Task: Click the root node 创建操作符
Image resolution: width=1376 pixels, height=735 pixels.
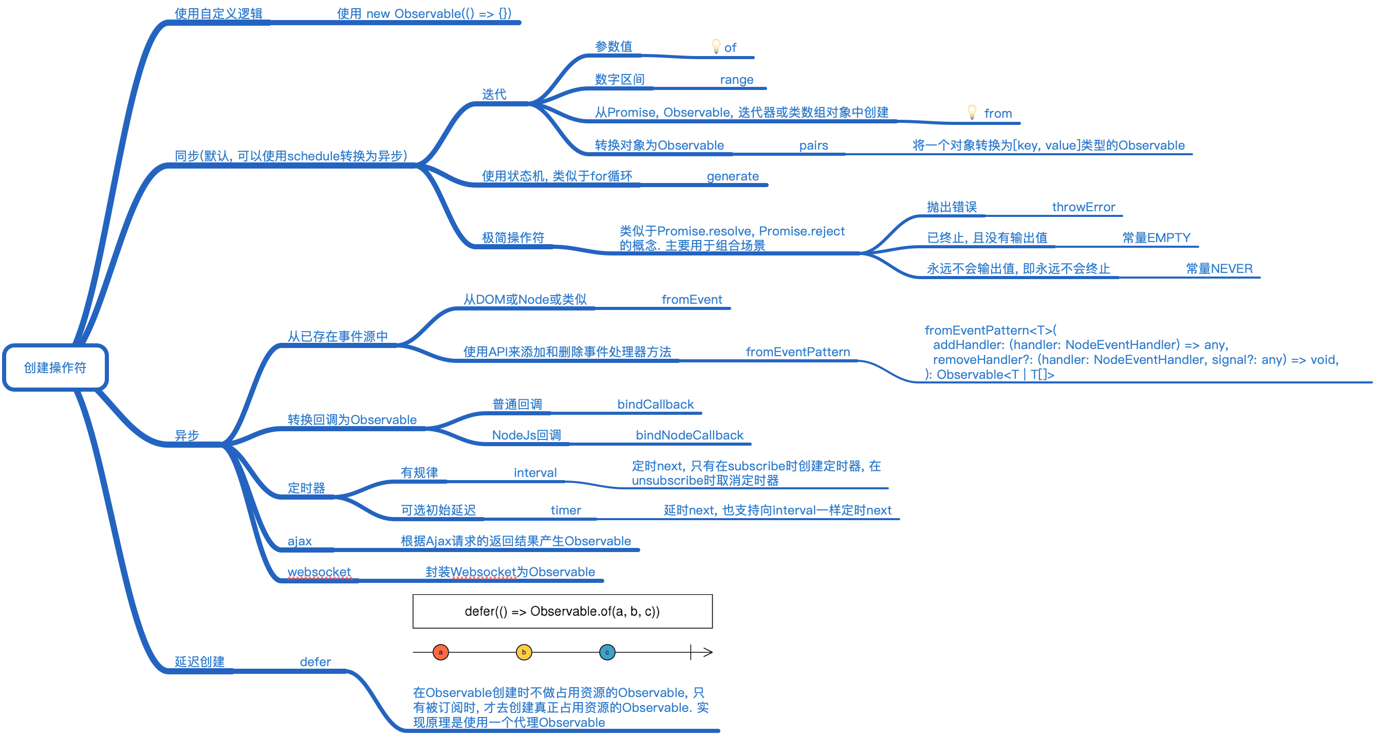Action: pos(55,367)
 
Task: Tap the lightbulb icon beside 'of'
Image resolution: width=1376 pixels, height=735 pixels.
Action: pos(716,46)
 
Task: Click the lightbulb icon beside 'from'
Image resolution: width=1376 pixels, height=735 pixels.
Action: pos(972,112)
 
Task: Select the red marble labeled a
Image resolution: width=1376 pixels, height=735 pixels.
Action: pos(441,652)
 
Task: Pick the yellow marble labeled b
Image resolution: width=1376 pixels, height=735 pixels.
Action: pos(524,652)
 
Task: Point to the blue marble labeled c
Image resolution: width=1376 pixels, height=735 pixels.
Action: pos(607,652)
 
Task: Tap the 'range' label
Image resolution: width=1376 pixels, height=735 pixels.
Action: pos(737,80)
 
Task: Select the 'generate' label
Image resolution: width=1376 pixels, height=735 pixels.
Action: pos(732,176)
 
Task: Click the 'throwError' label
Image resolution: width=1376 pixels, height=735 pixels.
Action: pos(1083,207)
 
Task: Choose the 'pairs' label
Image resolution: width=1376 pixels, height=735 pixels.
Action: pos(813,145)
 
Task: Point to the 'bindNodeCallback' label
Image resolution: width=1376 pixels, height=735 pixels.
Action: pos(689,435)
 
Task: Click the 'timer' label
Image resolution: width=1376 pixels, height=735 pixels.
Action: pos(566,510)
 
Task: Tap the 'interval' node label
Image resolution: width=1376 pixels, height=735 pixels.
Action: pos(535,473)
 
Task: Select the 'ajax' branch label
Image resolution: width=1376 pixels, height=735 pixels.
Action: pos(300,541)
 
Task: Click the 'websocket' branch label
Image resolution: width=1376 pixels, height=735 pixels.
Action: pos(319,572)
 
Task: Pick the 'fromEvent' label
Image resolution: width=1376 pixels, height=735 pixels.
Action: pos(692,300)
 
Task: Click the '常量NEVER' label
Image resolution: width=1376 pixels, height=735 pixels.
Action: pos(1219,269)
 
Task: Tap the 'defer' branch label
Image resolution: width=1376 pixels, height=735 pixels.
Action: pos(315,662)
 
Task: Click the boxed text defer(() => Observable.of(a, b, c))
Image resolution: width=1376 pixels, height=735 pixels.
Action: pos(562,611)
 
